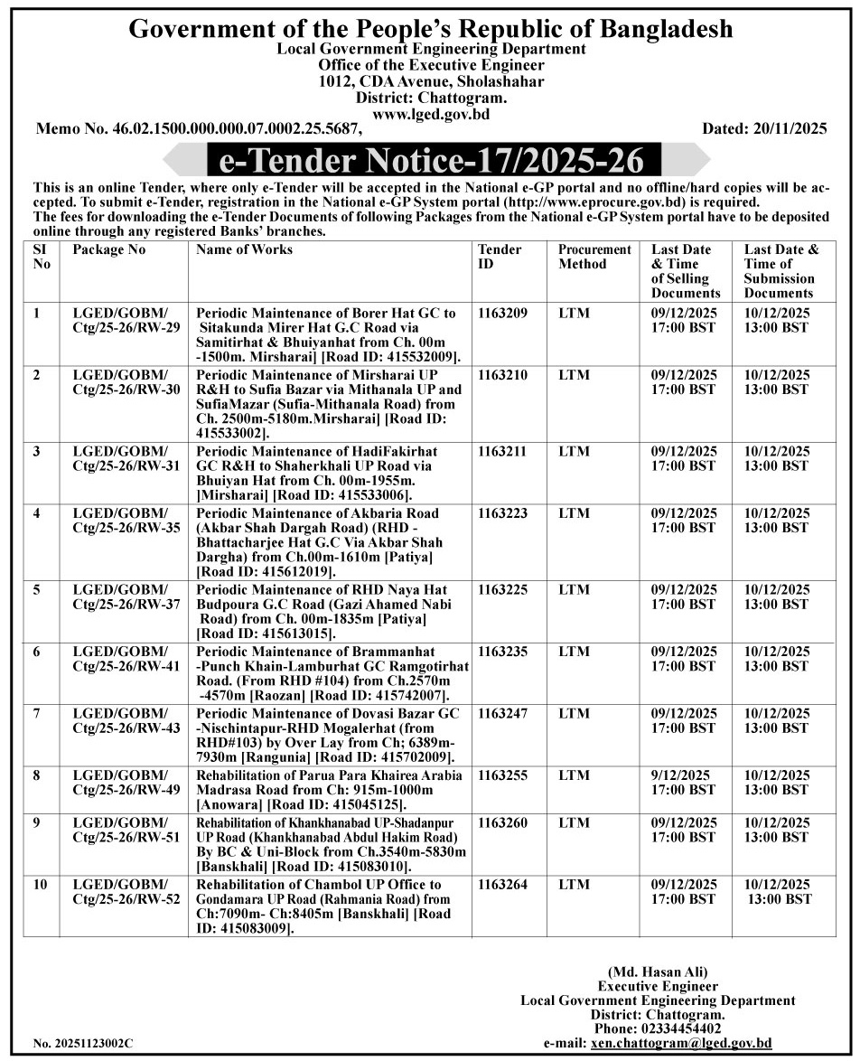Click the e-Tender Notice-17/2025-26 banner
(x=431, y=162)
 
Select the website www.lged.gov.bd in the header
(x=431, y=114)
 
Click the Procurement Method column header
(x=594, y=257)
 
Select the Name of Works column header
(x=244, y=249)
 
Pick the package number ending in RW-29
(x=119, y=321)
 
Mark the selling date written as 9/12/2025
(x=680, y=775)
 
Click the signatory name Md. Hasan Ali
(x=657, y=972)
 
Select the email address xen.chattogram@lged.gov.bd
(x=680, y=1043)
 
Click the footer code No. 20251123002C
(x=83, y=1043)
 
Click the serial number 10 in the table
(x=41, y=885)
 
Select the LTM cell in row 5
(x=574, y=590)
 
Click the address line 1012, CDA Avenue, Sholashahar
(x=431, y=81)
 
